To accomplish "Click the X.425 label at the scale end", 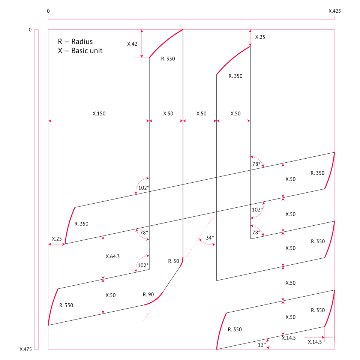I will (x=334, y=11).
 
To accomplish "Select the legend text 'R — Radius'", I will (x=75, y=42).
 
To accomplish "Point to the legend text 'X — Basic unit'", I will (x=80, y=51).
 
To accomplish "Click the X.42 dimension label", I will (x=132, y=44).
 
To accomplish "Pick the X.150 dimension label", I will (x=99, y=114).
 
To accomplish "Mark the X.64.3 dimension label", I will (x=113, y=256).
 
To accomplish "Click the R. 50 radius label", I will (x=174, y=261).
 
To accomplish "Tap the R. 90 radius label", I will (x=148, y=294).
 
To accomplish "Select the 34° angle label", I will (x=210, y=238).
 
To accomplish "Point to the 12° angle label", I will (x=262, y=344).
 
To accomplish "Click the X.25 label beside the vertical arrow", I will (x=260, y=37).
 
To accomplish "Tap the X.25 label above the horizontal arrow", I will (x=57, y=239).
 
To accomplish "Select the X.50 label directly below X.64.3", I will (x=111, y=295).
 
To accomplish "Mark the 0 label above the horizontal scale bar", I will (x=48, y=11).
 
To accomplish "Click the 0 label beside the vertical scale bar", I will (x=30, y=30).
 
